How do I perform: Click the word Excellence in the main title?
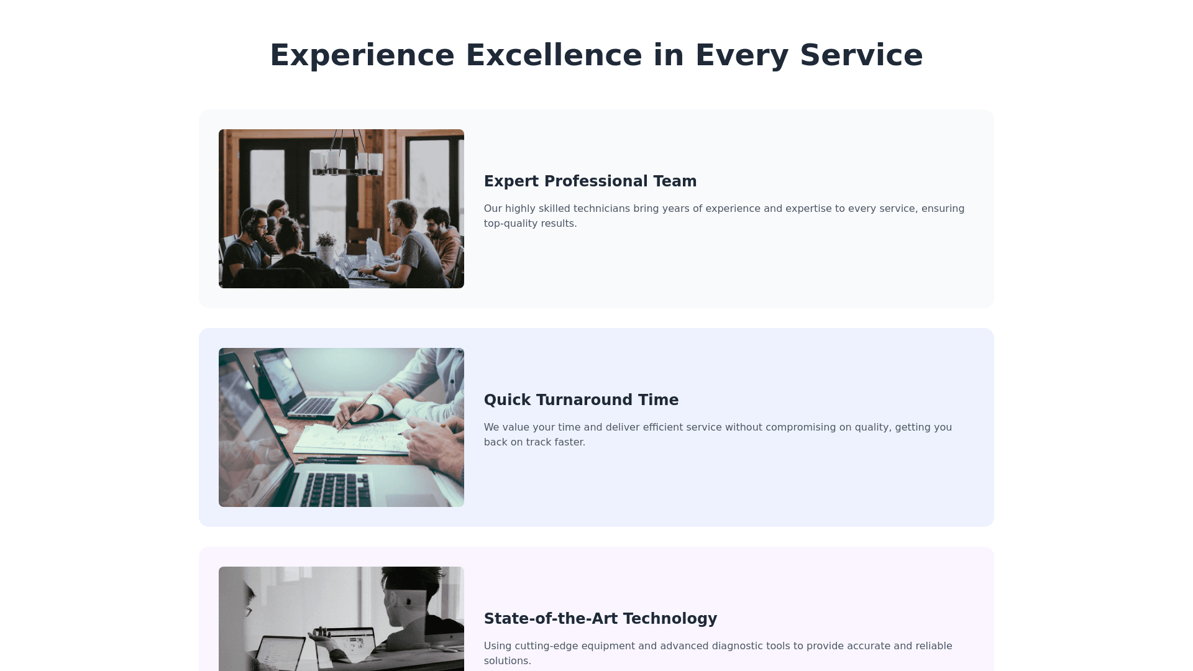554,55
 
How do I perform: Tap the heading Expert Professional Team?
590,181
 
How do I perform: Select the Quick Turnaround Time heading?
581,400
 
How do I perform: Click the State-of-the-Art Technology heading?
600,619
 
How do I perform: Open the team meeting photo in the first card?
341,209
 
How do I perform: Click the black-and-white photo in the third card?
341,619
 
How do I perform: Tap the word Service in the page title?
861,55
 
